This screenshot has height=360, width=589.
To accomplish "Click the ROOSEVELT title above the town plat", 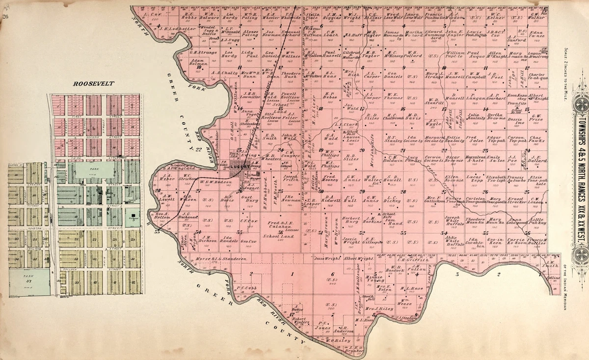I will pos(93,83).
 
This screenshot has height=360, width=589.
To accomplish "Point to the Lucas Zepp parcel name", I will pos(474,179).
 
